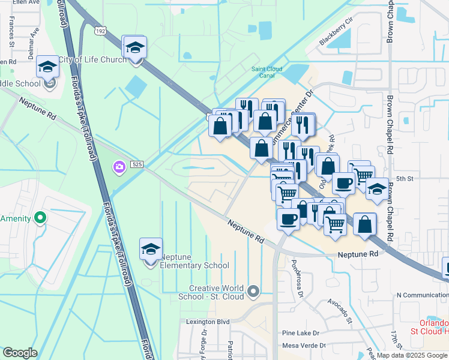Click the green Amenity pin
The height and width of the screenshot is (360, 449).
[40, 218]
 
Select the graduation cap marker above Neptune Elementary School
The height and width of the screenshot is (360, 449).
[151, 250]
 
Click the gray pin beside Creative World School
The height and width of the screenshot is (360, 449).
[253, 292]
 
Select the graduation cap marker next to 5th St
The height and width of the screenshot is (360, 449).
[376, 189]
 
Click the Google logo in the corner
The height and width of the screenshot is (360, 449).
[20, 353]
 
